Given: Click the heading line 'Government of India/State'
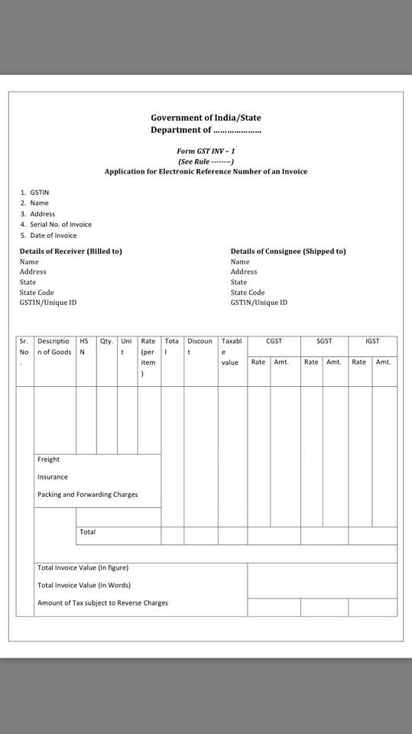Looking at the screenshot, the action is (206, 118).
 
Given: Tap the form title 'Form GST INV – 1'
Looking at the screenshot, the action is (206, 151).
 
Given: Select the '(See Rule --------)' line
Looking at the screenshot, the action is (206, 161).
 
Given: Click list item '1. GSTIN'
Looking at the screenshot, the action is (35, 193).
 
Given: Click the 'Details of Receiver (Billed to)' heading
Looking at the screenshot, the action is (71, 252).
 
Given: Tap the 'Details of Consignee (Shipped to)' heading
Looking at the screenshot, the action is (288, 252).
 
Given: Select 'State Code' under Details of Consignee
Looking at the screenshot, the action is (248, 292).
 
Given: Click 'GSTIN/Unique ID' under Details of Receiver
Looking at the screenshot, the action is (48, 303).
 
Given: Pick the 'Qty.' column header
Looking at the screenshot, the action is (106, 341).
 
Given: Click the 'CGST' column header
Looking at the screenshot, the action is (274, 341).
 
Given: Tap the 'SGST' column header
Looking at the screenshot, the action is (324, 341).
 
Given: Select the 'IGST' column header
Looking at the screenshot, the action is (372, 341).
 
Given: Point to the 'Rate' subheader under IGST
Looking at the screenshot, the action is (359, 362).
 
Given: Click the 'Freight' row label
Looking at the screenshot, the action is (48, 460).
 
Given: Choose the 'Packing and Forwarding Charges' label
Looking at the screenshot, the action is (88, 495).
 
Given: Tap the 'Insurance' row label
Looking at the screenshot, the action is (53, 477).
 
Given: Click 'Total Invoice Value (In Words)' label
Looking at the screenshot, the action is (84, 586).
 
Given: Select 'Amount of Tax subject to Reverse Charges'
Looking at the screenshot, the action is (102, 603).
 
